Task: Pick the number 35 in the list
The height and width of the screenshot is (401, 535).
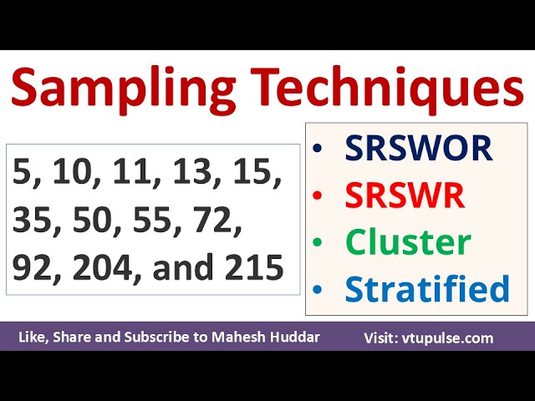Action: pos(33,220)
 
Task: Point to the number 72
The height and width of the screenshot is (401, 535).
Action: pos(218,220)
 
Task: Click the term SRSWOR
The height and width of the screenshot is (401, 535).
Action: pos(419,149)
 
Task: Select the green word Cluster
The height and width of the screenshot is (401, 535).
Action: pos(408,242)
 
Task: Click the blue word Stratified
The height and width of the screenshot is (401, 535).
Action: pos(427,289)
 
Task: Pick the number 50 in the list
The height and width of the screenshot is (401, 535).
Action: pos(96,220)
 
